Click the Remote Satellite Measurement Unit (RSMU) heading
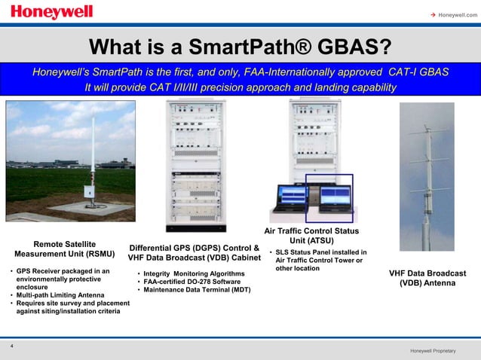64,249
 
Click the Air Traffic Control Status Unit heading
311,236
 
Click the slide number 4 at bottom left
12,345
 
